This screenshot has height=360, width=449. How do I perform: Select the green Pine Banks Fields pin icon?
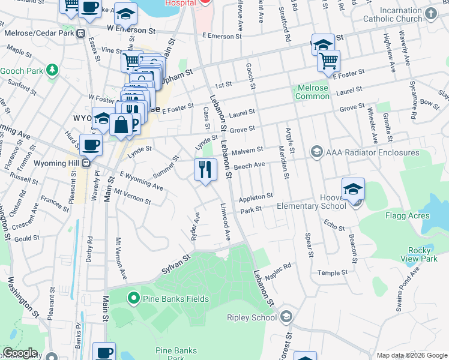click(x=133, y=298)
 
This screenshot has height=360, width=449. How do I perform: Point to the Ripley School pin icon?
click(x=286, y=317)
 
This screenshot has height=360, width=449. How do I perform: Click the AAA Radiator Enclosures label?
click(x=360, y=152)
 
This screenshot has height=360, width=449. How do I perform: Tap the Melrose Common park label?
click(x=312, y=92)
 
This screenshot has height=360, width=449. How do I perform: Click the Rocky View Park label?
click(x=419, y=254)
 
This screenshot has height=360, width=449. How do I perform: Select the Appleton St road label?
click(x=256, y=197)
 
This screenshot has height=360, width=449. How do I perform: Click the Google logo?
click(x=20, y=353)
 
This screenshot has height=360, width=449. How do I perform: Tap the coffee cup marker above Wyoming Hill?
click(x=91, y=145)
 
